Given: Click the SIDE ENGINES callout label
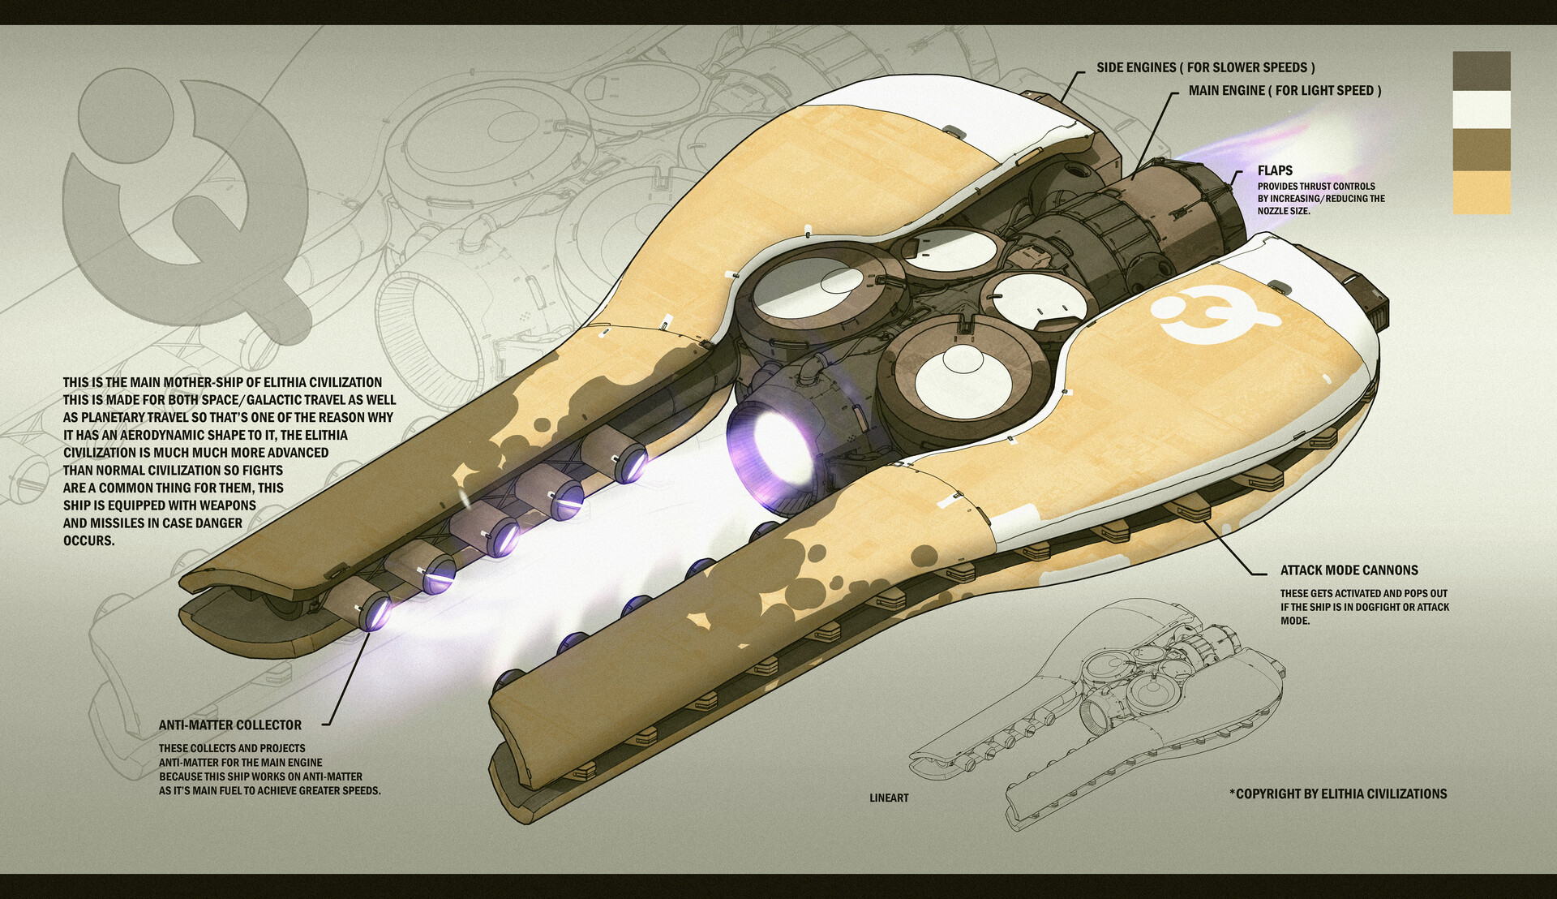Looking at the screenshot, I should [x=1205, y=67].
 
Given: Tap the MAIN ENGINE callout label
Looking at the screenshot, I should [x=1285, y=90].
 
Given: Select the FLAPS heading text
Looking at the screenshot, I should [x=1275, y=170].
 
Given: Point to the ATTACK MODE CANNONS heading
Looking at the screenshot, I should [x=1349, y=570].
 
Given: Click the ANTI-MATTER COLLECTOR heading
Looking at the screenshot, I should [x=229, y=725].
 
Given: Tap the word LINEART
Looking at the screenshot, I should [x=889, y=798].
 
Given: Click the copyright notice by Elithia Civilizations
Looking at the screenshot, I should [x=1338, y=794].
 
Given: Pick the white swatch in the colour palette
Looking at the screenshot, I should [x=1481, y=110].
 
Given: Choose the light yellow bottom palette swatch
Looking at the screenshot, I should [x=1481, y=193].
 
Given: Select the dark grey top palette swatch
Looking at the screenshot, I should [x=1481, y=71].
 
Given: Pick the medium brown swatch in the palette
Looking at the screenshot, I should [x=1481, y=150].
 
